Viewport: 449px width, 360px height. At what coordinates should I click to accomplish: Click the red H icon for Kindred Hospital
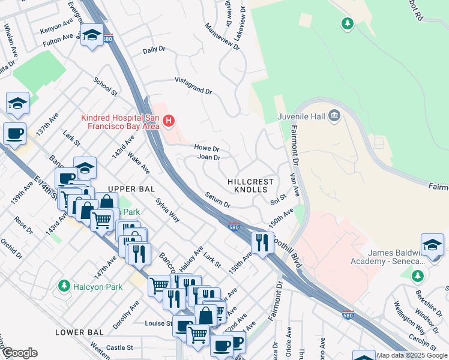(x=169, y=121)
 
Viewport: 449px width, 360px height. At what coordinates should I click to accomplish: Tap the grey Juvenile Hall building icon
(x=335, y=116)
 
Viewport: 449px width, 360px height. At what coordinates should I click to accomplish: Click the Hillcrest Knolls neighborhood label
(x=250, y=185)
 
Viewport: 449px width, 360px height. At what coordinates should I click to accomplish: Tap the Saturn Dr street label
(x=217, y=200)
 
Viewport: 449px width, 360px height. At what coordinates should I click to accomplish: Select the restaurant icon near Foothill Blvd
(x=261, y=242)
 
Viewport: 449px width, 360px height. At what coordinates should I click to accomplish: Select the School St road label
(x=105, y=86)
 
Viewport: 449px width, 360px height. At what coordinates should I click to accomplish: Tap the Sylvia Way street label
(x=167, y=210)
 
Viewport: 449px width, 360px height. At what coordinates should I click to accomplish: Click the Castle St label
(x=119, y=347)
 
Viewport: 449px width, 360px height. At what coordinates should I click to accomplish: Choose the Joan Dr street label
(x=209, y=158)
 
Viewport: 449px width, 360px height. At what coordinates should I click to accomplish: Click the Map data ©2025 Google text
(x=412, y=355)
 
